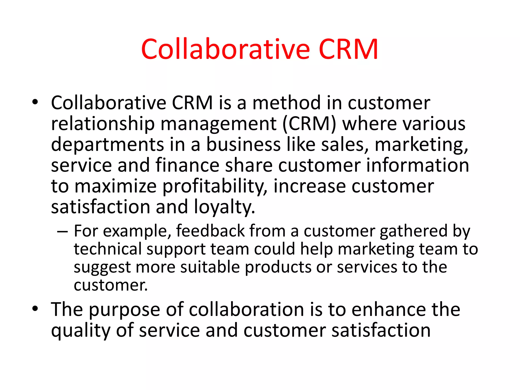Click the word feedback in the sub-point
click(x=210, y=231)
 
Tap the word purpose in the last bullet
click(x=124, y=310)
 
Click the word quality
click(x=80, y=331)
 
